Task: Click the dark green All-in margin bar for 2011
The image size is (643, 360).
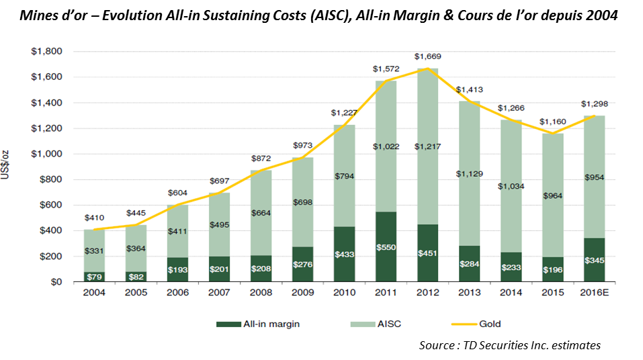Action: pos(386,246)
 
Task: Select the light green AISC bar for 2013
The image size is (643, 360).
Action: pos(469,173)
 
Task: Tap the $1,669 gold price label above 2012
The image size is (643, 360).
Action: pos(428,56)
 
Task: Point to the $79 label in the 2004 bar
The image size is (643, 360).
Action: pos(94,277)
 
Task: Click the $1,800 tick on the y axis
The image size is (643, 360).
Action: pos(47,51)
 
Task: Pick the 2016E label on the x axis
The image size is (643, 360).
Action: pos(594,292)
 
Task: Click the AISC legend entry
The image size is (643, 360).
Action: pos(376,324)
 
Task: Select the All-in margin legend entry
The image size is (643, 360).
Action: pos(258,324)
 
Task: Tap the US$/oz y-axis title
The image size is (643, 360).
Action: pos(5,165)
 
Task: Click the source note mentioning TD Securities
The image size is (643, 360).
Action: pos(510,345)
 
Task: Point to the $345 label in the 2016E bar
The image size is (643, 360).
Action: pos(594,261)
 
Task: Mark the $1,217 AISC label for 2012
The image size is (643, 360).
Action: pos(428,146)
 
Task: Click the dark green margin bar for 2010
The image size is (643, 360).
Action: pos(345,254)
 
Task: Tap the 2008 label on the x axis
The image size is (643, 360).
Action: pos(261,292)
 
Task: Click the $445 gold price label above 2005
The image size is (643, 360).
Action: pos(136,213)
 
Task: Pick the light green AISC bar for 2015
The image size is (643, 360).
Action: pos(553,195)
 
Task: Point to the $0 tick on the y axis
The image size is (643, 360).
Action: pos(56,282)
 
